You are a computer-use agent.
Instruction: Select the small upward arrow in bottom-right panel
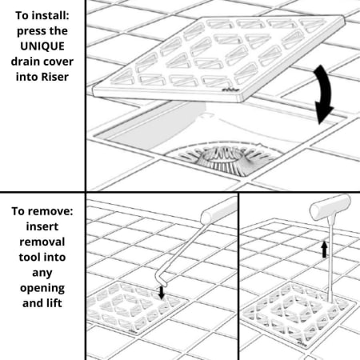coord(324,249)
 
